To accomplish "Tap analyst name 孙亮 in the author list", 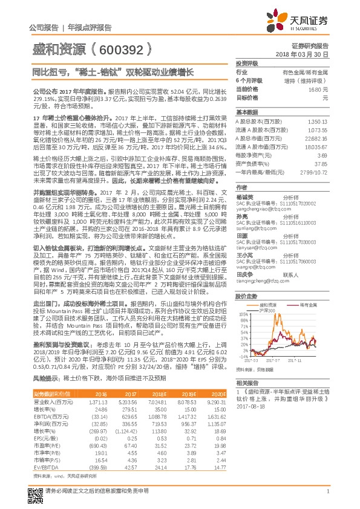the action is [x=241, y=216].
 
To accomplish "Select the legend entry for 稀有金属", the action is [x=310, y=305].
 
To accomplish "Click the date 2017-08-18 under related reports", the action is [x=247, y=407].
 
